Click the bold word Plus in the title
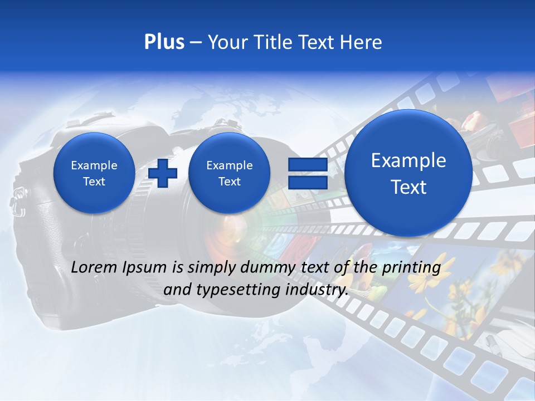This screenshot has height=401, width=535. click(x=164, y=42)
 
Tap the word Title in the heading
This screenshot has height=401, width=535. click(x=273, y=42)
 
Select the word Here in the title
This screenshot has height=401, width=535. click(x=362, y=42)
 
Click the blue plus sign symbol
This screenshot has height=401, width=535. click(x=163, y=173)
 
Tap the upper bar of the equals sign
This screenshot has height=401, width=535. click(x=307, y=164)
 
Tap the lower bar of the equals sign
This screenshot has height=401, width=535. click(x=307, y=183)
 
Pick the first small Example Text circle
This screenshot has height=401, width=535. click(x=94, y=173)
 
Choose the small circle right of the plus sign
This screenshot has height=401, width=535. click(x=229, y=173)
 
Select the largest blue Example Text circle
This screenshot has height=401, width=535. click(x=408, y=173)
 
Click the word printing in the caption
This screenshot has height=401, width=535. click(x=411, y=268)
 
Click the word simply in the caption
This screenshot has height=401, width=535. click(x=211, y=268)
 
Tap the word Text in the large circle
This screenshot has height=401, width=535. click(x=408, y=187)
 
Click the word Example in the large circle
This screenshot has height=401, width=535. click(x=408, y=161)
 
